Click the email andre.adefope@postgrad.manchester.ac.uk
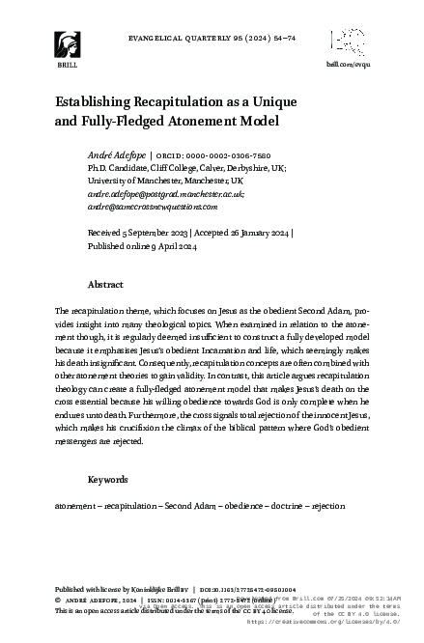coord(165,193)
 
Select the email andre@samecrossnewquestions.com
coord(153,207)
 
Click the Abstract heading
coord(105,286)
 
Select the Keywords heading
coord(108,479)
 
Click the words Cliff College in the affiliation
coord(164,167)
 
